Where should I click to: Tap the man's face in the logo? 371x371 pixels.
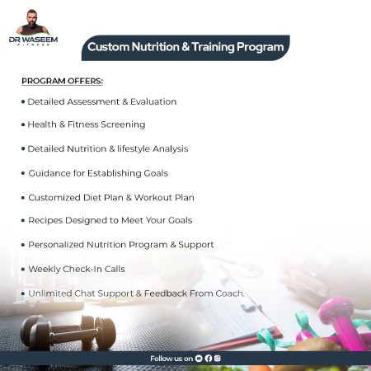[x=33, y=17]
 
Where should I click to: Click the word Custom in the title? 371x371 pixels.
[x=108, y=47]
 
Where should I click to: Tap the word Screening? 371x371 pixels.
[x=122, y=124]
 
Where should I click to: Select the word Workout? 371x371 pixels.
[x=151, y=198]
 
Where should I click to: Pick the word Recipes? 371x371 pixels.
[x=46, y=220]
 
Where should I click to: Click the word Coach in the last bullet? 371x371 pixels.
[x=228, y=294]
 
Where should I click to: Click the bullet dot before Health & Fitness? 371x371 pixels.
[x=23, y=124]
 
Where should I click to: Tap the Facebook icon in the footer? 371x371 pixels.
[x=209, y=359]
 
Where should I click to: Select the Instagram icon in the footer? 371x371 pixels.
[x=218, y=359]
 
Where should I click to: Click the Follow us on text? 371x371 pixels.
[x=171, y=359]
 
